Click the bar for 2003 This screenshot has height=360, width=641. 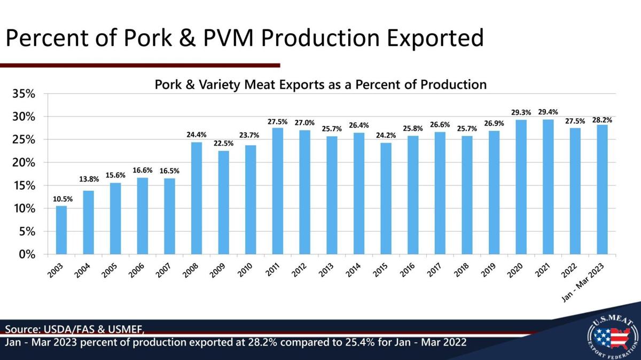[61, 230]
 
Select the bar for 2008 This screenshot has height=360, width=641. [197, 198]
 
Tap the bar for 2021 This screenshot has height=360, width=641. [548, 187]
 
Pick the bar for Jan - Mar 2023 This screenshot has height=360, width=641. [602, 190]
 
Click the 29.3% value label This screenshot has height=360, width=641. [521, 113]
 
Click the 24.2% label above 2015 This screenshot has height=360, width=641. [386, 136]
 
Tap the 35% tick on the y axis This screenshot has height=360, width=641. [24, 94]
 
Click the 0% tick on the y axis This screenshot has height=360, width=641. [27, 255]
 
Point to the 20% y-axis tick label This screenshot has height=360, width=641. [24, 163]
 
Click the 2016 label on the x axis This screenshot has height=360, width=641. [408, 270]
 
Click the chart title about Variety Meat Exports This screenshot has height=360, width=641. [320, 84]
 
